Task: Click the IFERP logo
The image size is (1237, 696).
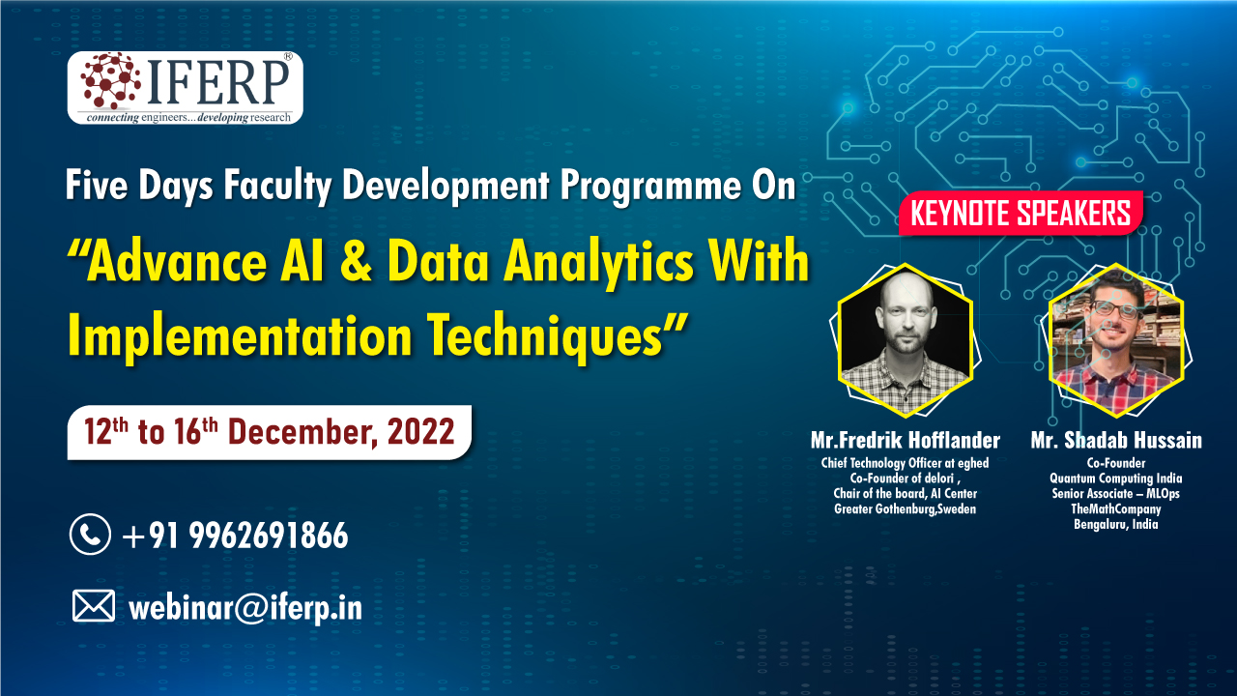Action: [185, 88]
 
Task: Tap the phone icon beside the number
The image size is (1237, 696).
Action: [90, 535]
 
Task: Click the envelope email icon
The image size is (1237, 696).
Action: [94, 605]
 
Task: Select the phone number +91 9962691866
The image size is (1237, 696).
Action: [236, 536]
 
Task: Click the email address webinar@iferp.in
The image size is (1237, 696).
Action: [245, 608]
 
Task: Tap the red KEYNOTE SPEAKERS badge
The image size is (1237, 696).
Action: [1021, 214]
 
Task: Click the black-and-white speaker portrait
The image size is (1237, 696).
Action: [906, 339]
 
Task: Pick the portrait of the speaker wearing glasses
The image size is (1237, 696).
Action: [1116, 339]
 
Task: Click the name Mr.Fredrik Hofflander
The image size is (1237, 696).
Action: [906, 440]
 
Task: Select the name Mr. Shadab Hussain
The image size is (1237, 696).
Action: [1116, 440]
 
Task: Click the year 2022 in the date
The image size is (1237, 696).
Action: [420, 432]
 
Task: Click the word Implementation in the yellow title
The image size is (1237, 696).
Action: [240, 335]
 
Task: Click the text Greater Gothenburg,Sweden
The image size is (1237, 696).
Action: [906, 508]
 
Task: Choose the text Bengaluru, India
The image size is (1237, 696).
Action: [1116, 524]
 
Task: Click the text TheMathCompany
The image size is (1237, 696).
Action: [1116, 508]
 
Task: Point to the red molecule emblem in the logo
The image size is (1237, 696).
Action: [110, 80]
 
